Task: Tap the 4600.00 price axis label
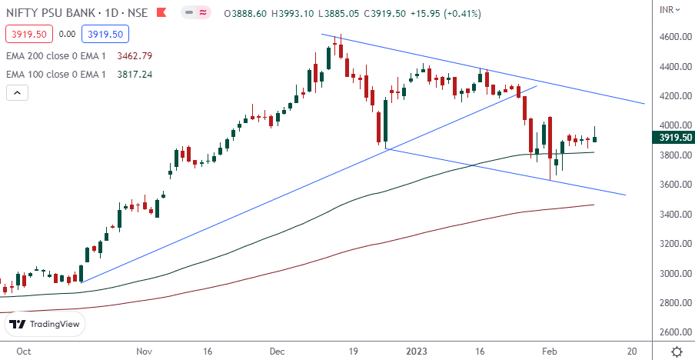tap(674, 37)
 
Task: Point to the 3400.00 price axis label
tap(674, 214)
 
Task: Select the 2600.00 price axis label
tap(674, 332)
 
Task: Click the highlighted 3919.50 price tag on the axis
tap(673, 138)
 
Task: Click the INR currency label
tap(670, 9)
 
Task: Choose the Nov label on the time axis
tap(144, 351)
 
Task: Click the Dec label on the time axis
tap(278, 351)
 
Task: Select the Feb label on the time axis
tap(550, 351)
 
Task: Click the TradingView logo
tap(45, 324)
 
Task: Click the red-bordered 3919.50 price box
tap(28, 34)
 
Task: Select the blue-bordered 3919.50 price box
tap(108, 34)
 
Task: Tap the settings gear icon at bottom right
tap(677, 351)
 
